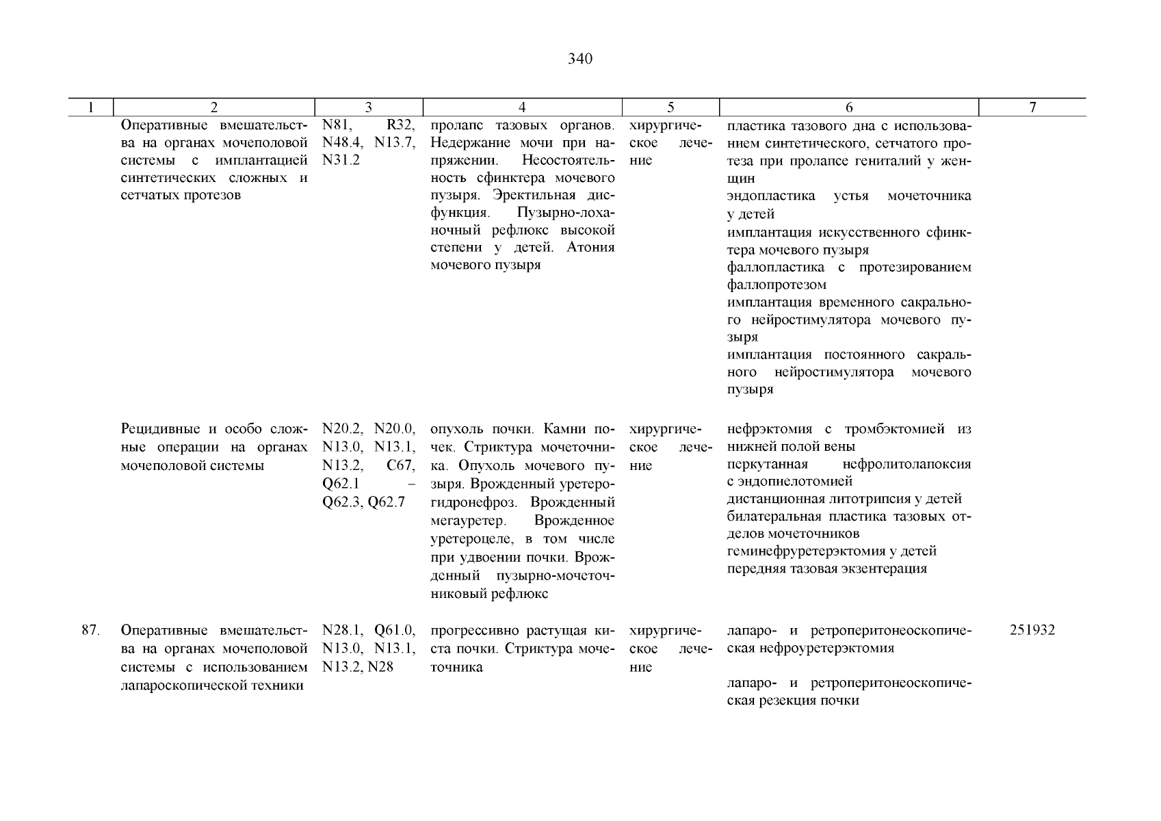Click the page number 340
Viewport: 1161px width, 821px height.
(580, 59)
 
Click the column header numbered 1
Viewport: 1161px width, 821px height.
(91, 107)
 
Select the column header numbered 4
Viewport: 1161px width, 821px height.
(522, 107)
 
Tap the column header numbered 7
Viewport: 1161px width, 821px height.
(1032, 107)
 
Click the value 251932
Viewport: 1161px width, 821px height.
(1032, 630)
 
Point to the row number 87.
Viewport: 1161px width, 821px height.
(91, 630)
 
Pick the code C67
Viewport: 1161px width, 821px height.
(401, 465)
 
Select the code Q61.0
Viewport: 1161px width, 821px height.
(395, 630)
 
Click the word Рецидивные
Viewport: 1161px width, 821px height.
(159, 430)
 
